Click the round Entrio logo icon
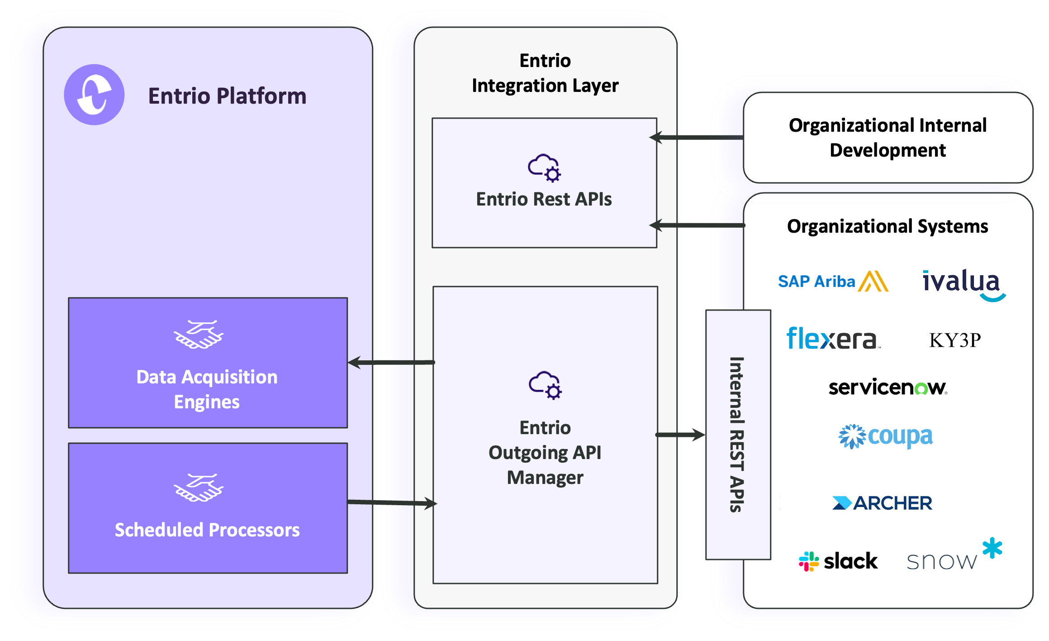pyautogui.click(x=94, y=95)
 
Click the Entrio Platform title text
pyautogui.click(x=227, y=96)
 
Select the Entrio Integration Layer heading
pyautogui.click(x=545, y=73)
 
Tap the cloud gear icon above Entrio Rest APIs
pyautogui.click(x=545, y=168)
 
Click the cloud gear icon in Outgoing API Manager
pyautogui.click(x=546, y=385)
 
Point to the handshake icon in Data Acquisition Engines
pyautogui.click(x=199, y=335)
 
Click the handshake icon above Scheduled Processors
pyautogui.click(x=199, y=488)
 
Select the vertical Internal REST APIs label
pyautogui.click(x=737, y=435)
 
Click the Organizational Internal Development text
pyautogui.click(x=888, y=138)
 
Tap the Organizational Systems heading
pyautogui.click(x=888, y=226)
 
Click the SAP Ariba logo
pyautogui.click(x=832, y=282)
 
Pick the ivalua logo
pyautogui.click(x=963, y=284)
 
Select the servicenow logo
pyautogui.click(x=888, y=387)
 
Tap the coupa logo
pyautogui.click(x=886, y=436)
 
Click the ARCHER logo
pyautogui.click(x=882, y=503)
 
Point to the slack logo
pyautogui.click(x=838, y=561)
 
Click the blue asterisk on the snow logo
pyautogui.click(x=992, y=548)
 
